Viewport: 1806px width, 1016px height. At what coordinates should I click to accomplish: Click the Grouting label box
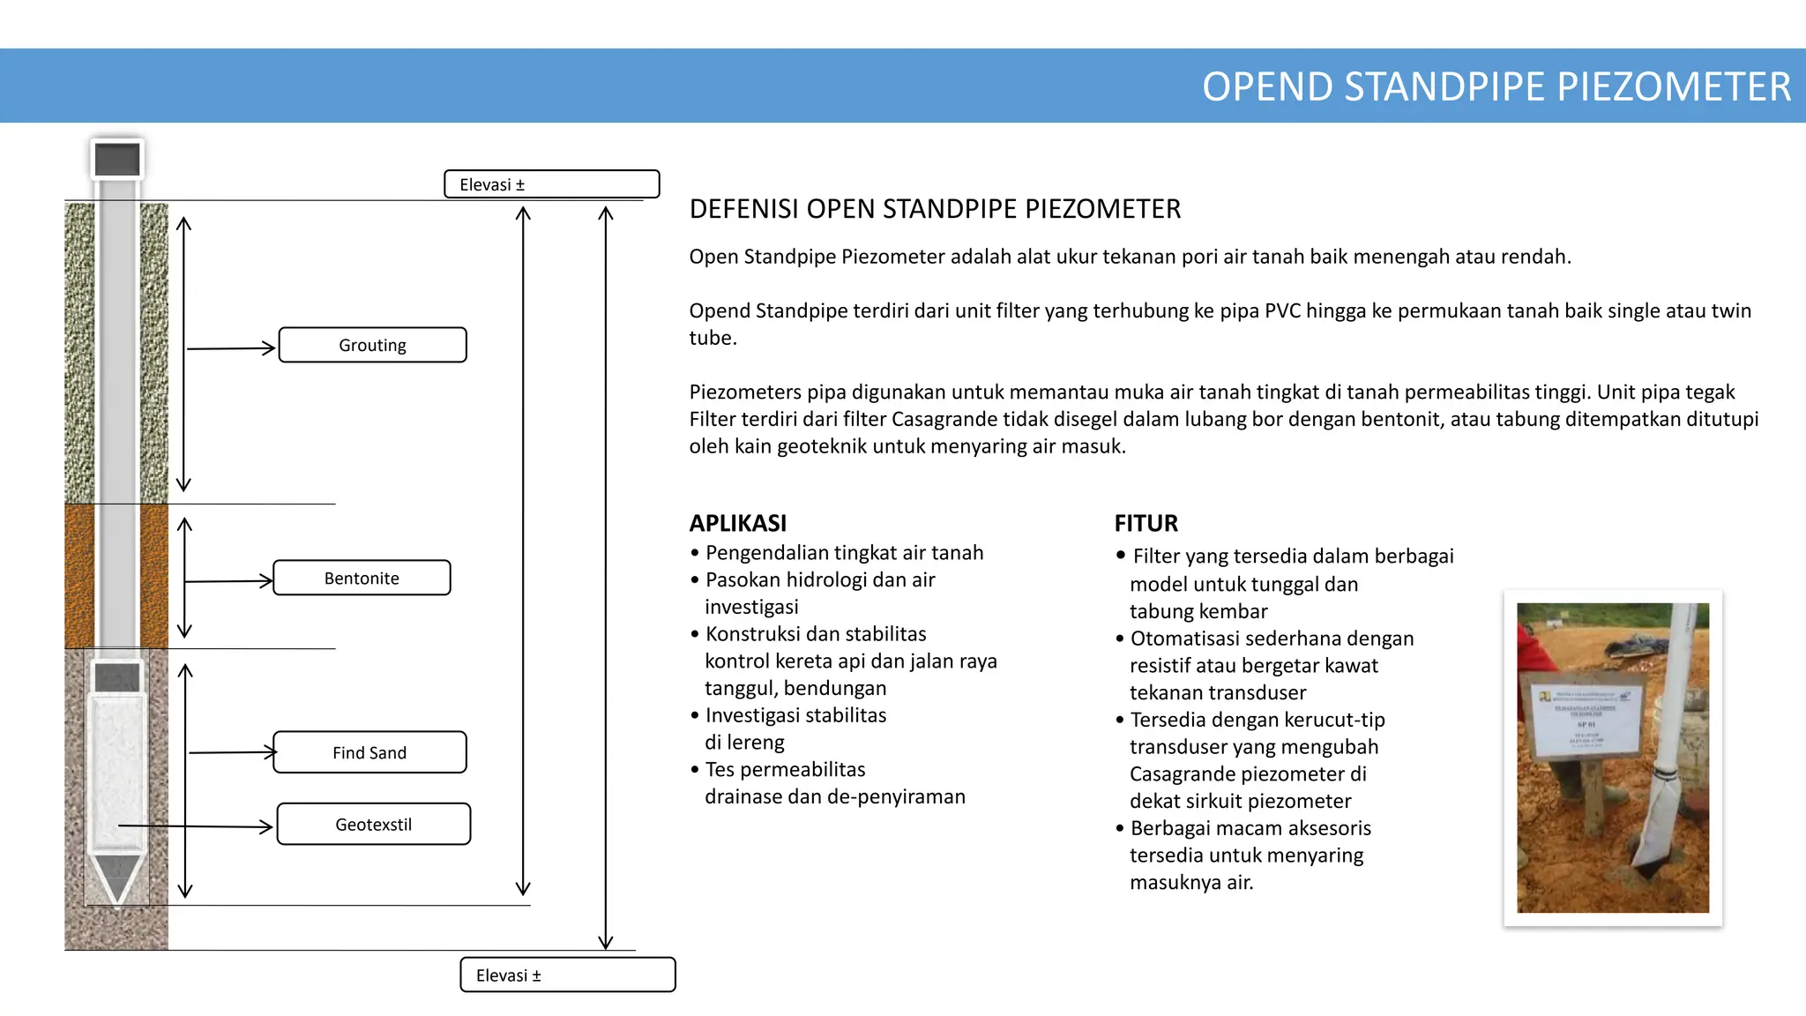point(372,345)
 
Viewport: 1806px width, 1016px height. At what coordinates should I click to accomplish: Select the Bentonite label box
point(362,578)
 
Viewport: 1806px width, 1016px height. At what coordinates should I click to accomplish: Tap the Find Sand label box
point(369,752)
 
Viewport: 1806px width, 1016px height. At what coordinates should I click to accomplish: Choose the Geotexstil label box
point(373,824)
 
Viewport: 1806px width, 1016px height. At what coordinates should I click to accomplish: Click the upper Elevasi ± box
point(551,184)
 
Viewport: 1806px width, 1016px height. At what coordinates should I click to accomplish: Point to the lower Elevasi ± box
point(567,975)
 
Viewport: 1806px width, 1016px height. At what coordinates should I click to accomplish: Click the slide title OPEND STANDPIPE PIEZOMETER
point(1496,86)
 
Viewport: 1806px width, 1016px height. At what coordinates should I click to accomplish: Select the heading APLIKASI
point(738,523)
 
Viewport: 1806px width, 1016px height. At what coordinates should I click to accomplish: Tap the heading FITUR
point(1146,523)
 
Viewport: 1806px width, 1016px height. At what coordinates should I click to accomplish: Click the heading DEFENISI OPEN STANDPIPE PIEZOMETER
point(935,209)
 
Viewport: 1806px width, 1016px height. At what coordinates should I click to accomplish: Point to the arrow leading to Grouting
point(231,348)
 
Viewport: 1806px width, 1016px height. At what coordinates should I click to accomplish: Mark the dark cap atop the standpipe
point(117,160)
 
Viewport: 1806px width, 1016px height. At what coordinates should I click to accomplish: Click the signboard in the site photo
point(1586,719)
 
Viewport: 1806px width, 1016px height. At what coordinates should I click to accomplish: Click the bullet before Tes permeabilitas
point(695,770)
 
